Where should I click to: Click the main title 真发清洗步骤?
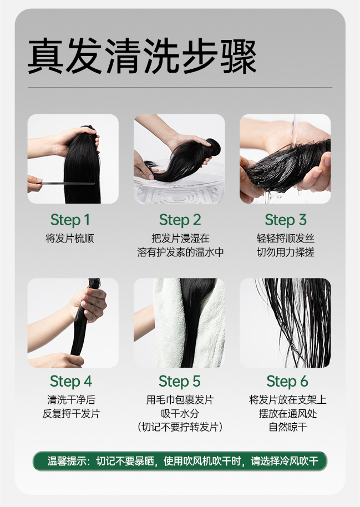(x=142, y=56)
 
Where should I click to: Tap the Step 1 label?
(x=70, y=220)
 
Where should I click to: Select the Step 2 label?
(x=180, y=220)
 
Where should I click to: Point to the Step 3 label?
(x=285, y=220)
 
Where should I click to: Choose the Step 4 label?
(x=71, y=382)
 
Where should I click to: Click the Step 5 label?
(x=180, y=382)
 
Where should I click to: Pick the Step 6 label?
(x=287, y=382)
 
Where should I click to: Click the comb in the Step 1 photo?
(x=67, y=184)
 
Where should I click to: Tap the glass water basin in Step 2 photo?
(x=180, y=189)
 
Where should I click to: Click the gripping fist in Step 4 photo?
(x=90, y=304)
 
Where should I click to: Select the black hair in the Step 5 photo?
(x=194, y=320)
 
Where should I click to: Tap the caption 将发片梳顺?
(x=70, y=239)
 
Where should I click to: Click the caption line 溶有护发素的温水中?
(x=180, y=252)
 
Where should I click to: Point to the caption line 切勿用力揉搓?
(x=285, y=252)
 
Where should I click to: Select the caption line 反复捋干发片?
(x=71, y=414)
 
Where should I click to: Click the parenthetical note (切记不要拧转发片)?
(x=180, y=427)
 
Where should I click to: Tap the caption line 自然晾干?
(x=288, y=427)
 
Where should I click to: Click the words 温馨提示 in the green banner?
(x=67, y=461)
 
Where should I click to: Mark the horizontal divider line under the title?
(x=180, y=88)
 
